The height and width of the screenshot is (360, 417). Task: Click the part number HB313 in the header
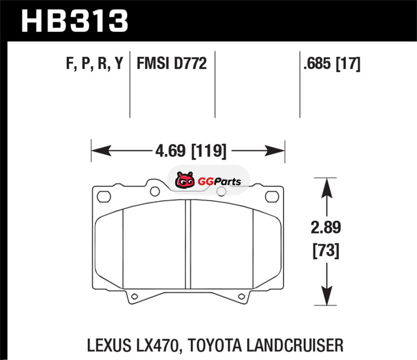pos(75,21)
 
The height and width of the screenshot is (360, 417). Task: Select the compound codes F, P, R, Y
pos(95,64)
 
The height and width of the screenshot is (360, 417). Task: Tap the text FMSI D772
pos(171,63)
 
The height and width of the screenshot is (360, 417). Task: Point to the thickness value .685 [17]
pos(332,64)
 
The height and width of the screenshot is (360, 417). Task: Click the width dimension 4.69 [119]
pos(191,151)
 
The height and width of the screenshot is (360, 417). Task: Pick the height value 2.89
pos(326,228)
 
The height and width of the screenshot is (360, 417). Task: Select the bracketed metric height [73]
pos(326,251)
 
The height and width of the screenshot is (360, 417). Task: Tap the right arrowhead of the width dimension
pos(275,151)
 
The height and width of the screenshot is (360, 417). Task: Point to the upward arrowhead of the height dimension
pos(327,188)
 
